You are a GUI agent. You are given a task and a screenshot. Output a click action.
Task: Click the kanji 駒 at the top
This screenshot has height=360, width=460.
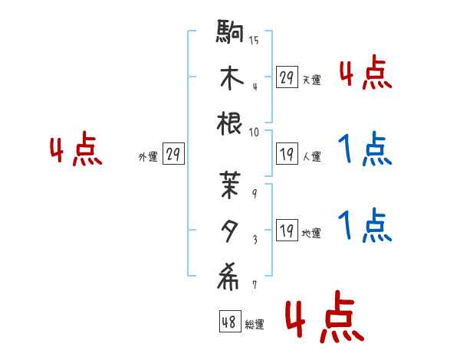click(x=231, y=35)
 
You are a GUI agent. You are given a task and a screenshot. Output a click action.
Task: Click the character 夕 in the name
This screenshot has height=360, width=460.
click(x=231, y=227)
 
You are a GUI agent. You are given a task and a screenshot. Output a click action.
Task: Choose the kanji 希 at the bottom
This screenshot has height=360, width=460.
click(x=231, y=275)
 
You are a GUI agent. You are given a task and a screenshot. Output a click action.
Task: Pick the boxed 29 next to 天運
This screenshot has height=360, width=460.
click(x=286, y=77)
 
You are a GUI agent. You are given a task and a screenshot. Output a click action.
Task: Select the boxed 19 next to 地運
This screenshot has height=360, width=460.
click(x=286, y=231)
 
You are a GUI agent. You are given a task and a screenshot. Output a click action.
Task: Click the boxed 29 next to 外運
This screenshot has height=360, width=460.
click(x=172, y=155)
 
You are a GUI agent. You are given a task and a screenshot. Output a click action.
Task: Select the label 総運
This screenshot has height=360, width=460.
click(x=255, y=325)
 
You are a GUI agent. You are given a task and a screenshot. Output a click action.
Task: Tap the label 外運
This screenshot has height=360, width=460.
click(x=147, y=157)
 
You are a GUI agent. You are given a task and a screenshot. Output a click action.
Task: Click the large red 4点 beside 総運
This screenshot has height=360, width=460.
click(x=323, y=321)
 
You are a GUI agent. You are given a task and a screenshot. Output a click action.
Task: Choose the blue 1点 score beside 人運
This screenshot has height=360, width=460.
click(x=364, y=150)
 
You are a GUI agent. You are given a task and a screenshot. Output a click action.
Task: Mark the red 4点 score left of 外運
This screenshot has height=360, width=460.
click(x=76, y=150)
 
